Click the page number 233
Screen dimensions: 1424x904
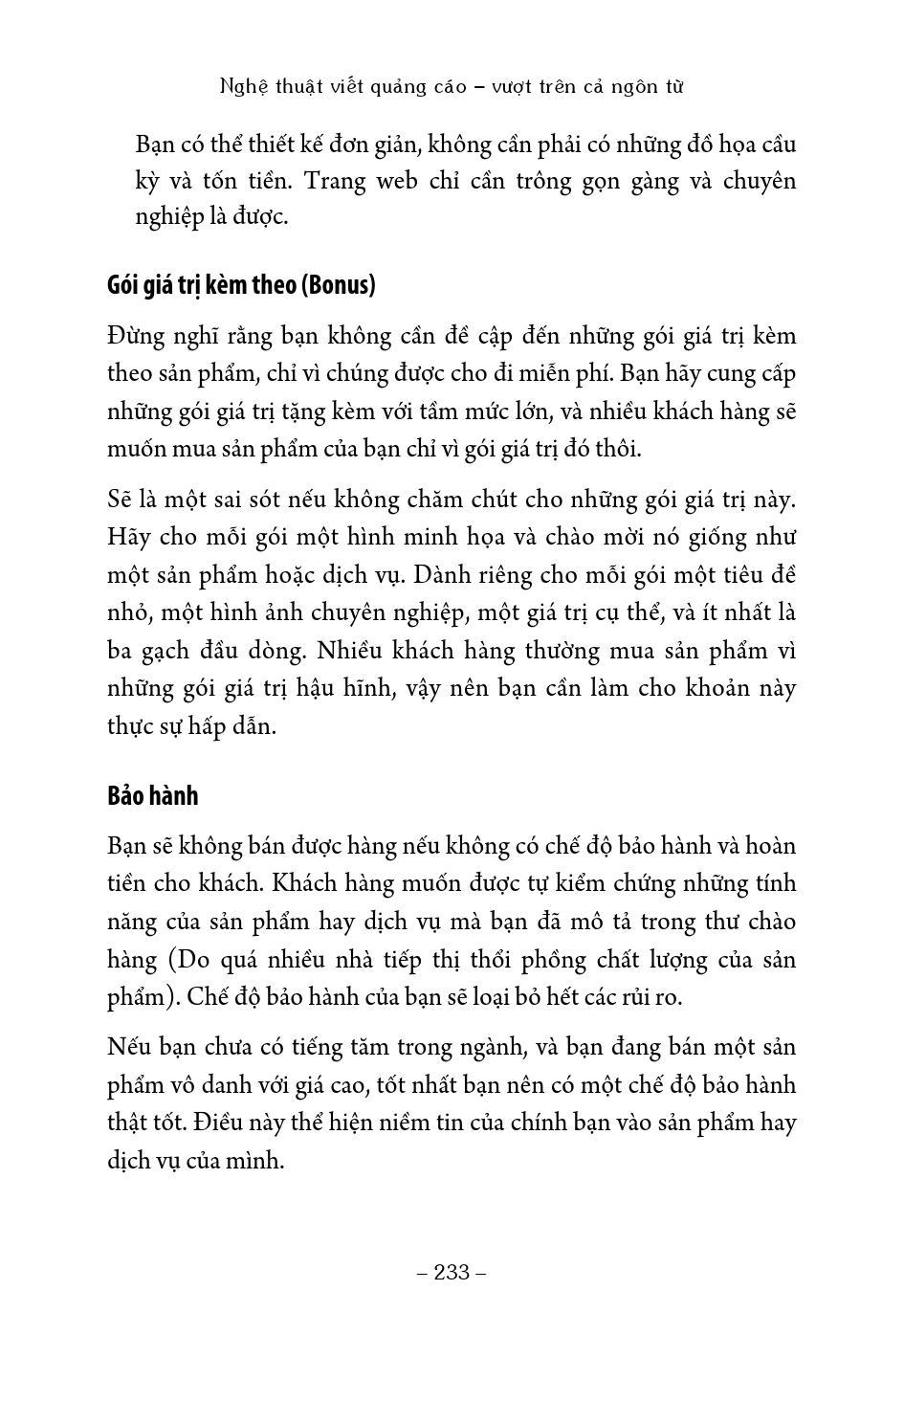tap(452, 1272)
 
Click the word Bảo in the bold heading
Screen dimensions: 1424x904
tap(125, 795)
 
